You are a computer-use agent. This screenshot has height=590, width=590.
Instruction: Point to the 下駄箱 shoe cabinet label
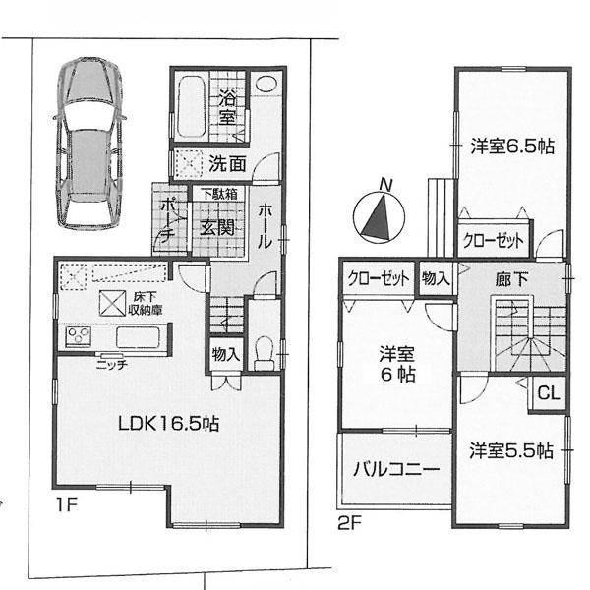(x=219, y=194)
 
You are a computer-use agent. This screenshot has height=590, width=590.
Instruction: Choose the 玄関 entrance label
(x=217, y=228)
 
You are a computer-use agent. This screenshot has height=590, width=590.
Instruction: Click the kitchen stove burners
(x=78, y=337)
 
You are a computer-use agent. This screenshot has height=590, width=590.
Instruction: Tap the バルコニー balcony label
(x=395, y=469)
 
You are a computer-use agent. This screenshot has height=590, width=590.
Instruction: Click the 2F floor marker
(x=348, y=522)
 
